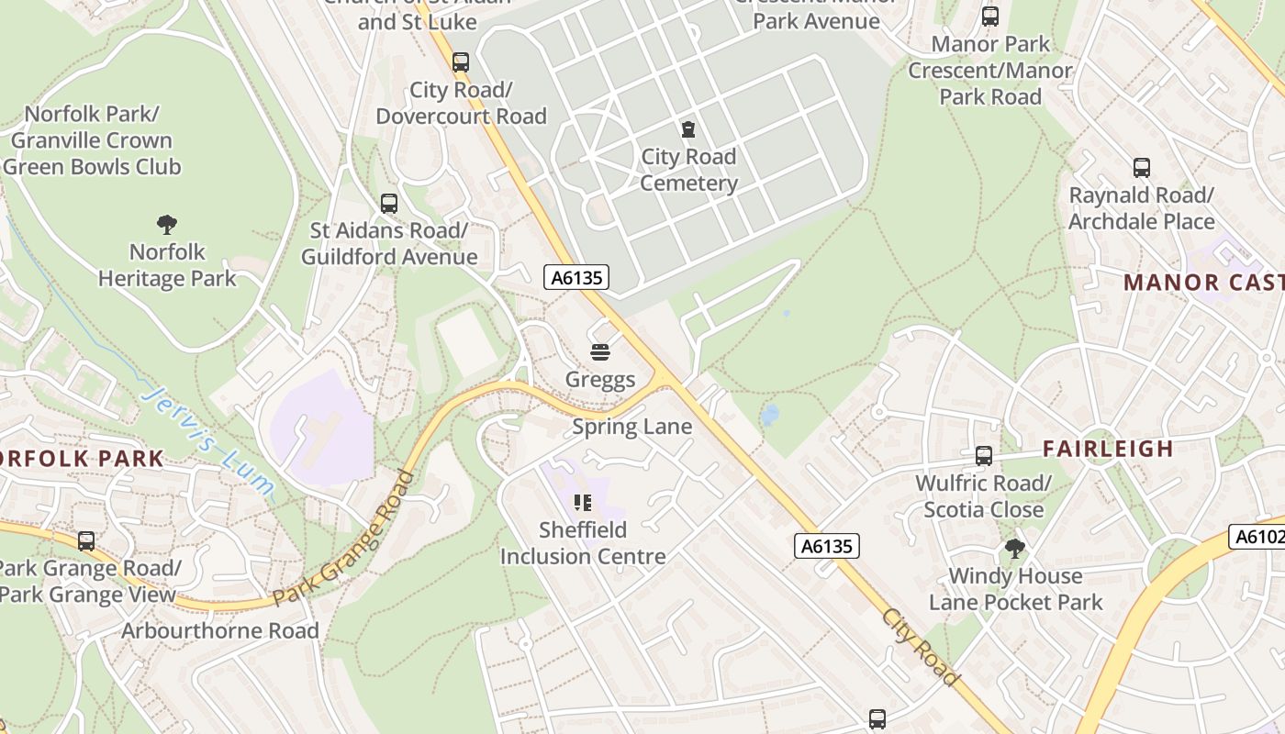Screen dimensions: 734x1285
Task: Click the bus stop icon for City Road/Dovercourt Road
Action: [x=461, y=62]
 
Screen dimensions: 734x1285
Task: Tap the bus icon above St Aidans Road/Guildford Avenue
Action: [x=389, y=204]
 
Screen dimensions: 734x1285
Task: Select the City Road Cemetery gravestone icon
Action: [x=688, y=129]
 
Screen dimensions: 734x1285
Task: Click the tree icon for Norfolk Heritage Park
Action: [x=166, y=224]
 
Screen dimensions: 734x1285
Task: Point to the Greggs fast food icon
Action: [x=600, y=352]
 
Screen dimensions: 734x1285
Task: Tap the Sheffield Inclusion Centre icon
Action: [x=582, y=503]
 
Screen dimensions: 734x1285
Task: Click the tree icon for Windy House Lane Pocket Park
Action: [x=1015, y=549]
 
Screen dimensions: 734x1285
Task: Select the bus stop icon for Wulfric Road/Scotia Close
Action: [x=984, y=456]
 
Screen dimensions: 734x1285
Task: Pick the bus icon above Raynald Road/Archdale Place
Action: [x=1142, y=168]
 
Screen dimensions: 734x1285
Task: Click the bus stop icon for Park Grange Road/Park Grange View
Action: [x=86, y=541]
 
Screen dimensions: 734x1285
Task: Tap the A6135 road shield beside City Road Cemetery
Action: [x=576, y=277]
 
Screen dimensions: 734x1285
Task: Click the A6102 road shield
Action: [x=1257, y=537]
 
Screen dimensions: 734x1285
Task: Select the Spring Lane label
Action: [x=632, y=427]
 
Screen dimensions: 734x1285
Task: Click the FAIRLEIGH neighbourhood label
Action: [x=1108, y=449]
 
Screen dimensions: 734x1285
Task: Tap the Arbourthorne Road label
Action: [x=220, y=631]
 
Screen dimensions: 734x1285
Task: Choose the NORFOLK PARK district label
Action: [x=81, y=459]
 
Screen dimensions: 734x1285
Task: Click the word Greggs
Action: [x=600, y=380]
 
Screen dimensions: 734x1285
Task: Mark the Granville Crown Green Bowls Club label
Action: [x=92, y=140]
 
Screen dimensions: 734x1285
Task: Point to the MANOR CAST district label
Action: [x=1203, y=282]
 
